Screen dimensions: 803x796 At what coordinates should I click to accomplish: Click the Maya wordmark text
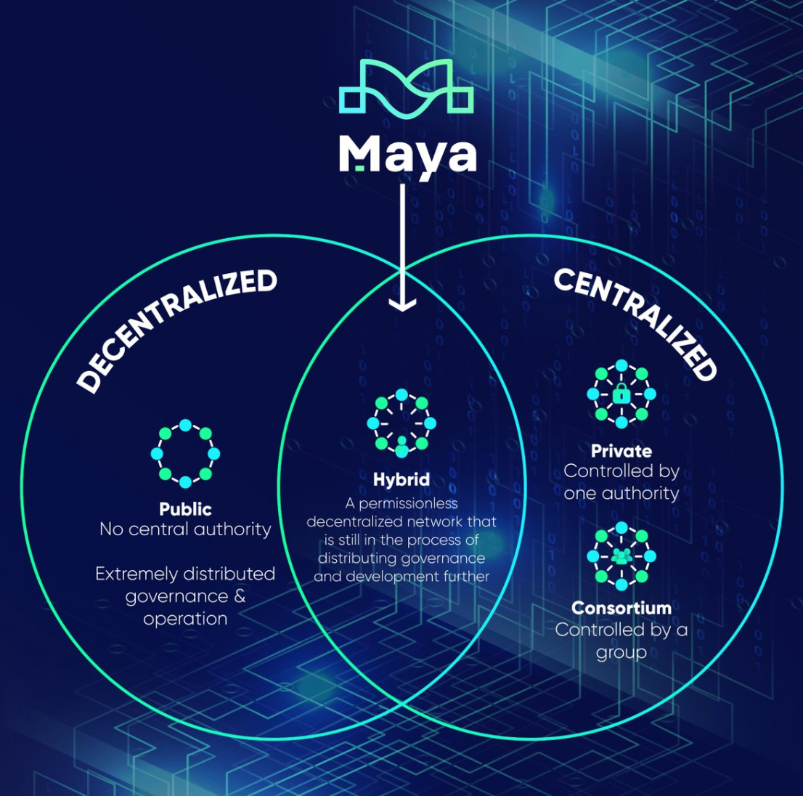click(407, 154)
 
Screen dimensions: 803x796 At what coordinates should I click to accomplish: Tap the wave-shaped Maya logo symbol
click(407, 89)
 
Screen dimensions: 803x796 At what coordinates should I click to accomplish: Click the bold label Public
click(185, 508)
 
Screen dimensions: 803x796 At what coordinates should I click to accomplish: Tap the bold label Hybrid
click(401, 479)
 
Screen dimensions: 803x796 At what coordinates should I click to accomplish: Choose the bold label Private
click(621, 450)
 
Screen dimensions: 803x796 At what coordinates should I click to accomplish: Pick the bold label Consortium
click(621, 607)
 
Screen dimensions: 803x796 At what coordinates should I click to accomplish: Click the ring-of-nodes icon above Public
click(185, 453)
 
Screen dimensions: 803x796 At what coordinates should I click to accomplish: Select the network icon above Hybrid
click(401, 423)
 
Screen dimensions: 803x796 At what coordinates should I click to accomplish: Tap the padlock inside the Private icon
click(621, 394)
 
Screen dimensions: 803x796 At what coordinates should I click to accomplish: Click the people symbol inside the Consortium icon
click(621, 556)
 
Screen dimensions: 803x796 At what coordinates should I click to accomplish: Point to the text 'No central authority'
click(185, 529)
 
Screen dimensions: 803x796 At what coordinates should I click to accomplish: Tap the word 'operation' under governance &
click(185, 619)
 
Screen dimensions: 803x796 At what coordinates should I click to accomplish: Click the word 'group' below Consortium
click(621, 652)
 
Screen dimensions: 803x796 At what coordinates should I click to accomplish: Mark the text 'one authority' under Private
click(621, 493)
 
